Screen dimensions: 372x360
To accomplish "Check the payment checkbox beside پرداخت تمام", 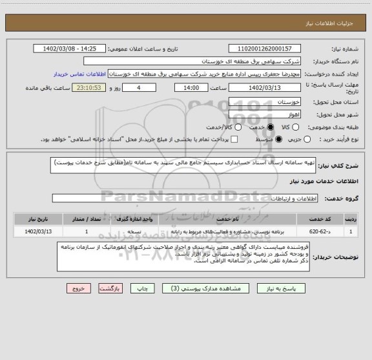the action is click(x=234, y=139).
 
